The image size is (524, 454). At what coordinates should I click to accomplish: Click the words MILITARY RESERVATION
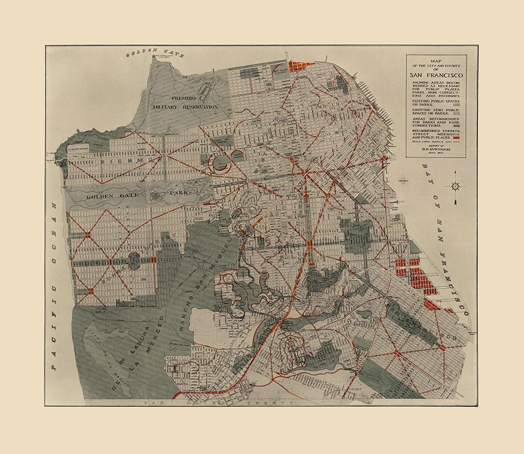tap(184, 106)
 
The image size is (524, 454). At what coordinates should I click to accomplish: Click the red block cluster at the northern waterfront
tap(301, 67)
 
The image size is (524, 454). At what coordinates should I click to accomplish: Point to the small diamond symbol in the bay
tap(402, 180)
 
